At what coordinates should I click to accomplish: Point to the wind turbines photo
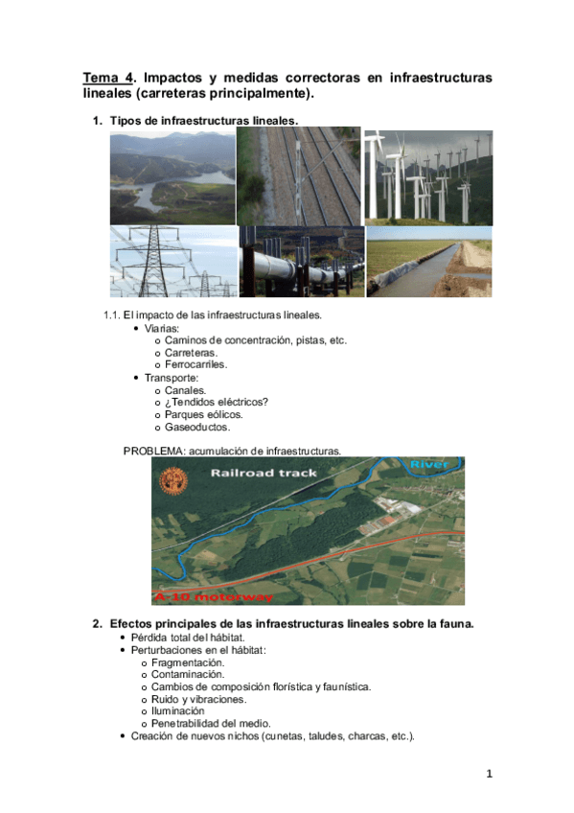[428, 176]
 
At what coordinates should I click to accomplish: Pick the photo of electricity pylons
[172, 262]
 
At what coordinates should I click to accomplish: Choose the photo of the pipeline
[301, 262]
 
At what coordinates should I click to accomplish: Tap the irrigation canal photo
[429, 262]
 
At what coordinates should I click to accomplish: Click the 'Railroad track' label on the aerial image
[264, 474]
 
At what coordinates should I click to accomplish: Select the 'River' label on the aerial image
[428, 465]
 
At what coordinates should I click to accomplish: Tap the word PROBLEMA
[153, 450]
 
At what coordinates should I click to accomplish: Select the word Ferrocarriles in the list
[195, 364]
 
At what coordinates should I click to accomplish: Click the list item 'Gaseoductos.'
[197, 427]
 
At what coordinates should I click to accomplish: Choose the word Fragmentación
[188, 662]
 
